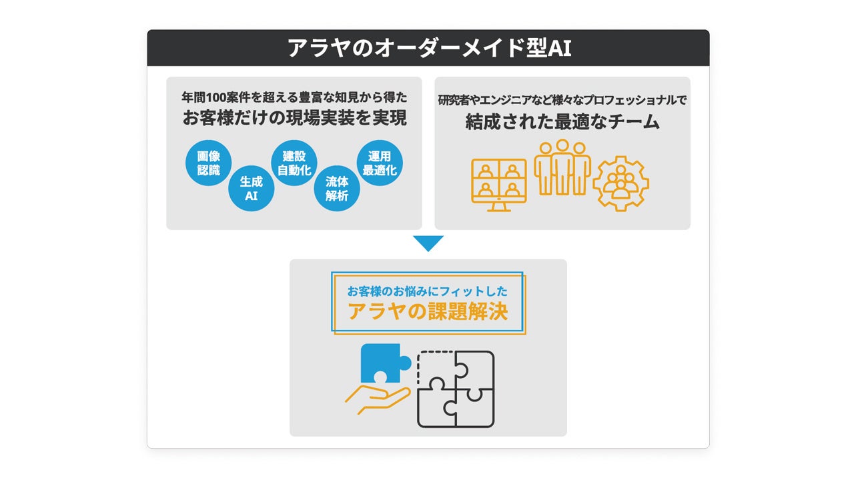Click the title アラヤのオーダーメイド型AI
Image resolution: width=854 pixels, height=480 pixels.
[428, 48]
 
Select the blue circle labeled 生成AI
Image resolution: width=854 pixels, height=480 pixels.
[251, 189]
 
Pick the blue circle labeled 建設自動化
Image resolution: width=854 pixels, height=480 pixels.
[294, 163]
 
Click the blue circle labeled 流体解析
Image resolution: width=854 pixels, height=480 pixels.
[337, 189]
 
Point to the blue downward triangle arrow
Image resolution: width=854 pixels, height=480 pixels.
[428, 243]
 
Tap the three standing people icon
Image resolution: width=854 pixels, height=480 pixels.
[562, 168]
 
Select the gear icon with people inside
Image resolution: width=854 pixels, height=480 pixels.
[621, 183]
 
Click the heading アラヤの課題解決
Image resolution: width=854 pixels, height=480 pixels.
[428, 312]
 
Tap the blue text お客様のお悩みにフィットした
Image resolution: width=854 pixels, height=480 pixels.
[428, 291]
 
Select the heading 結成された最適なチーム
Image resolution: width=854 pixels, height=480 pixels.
[562, 122]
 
